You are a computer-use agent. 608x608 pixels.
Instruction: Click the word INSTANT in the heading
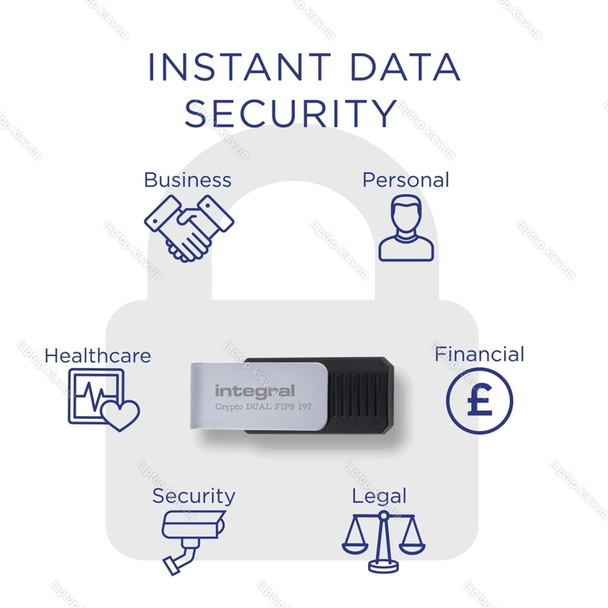click(239, 67)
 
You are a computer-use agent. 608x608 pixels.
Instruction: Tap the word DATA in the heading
click(405, 67)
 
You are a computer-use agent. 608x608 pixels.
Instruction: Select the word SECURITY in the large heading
click(291, 113)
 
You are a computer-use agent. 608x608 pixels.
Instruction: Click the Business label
click(187, 180)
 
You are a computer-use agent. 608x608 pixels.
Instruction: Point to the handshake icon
click(189, 229)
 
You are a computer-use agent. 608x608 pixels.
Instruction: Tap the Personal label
click(406, 180)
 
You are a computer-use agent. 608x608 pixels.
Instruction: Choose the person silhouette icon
click(406, 228)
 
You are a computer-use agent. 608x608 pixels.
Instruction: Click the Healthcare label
click(98, 355)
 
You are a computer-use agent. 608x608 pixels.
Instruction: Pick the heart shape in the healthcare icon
click(120, 415)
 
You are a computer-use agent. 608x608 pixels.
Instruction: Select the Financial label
click(479, 354)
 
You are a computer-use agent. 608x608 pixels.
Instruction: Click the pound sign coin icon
click(479, 401)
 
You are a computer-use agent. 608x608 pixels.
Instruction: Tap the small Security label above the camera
click(193, 496)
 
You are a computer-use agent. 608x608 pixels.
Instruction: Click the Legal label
click(379, 496)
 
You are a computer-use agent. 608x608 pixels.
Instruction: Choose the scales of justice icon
click(384, 542)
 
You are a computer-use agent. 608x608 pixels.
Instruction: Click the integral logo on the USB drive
click(255, 391)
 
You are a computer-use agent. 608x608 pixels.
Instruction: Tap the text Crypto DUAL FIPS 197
click(263, 407)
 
